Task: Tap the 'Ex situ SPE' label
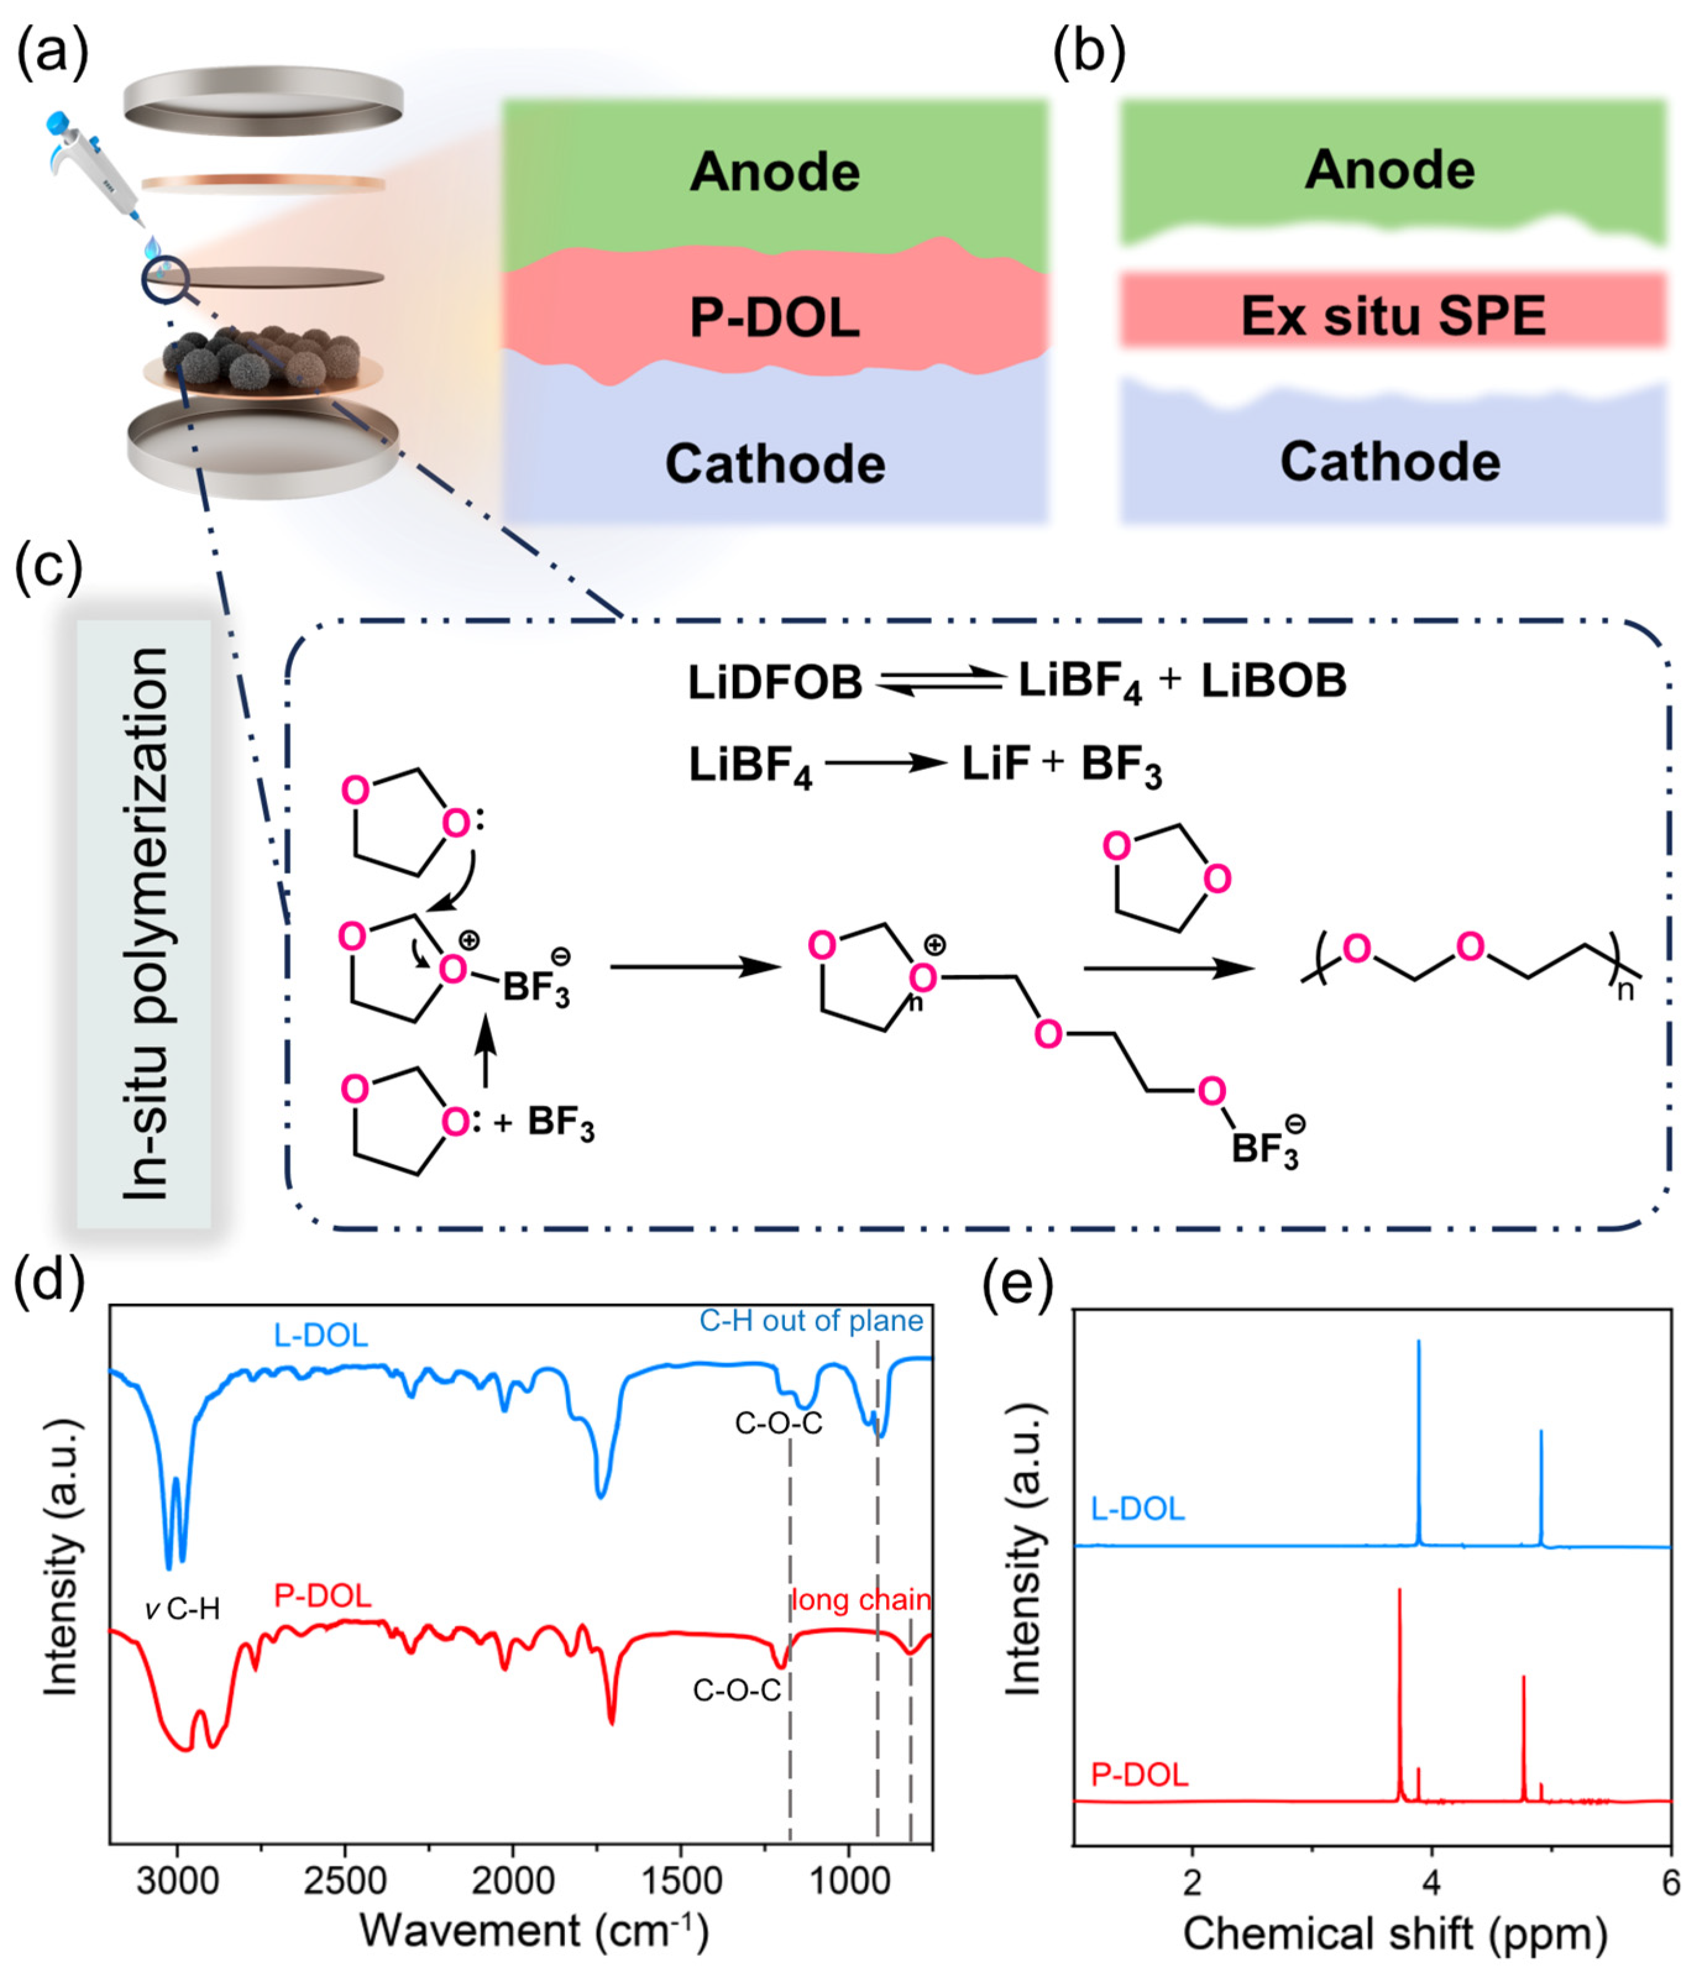[x=1392, y=316]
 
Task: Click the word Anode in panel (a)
[x=774, y=172]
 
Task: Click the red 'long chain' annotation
[x=861, y=1600]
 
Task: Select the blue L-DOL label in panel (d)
[x=320, y=1335]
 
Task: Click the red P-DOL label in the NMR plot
[x=1139, y=1775]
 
